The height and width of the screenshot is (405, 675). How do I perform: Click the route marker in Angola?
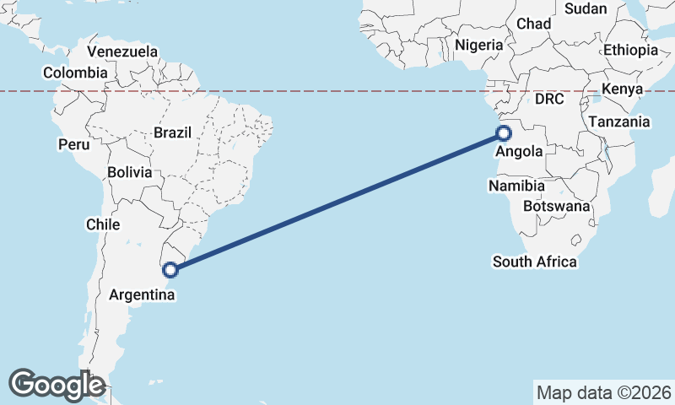click(x=504, y=132)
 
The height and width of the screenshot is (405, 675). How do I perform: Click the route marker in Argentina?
click(x=170, y=270)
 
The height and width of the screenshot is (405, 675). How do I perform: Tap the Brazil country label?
click(x=173, y=132)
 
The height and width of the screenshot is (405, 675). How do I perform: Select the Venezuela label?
click(x=122, y=51)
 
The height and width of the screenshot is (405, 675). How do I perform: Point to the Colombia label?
click(x=75, y=73)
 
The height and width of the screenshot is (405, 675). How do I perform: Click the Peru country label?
click(x=73, y=144)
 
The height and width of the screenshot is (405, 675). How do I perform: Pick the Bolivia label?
click(x=130, y=172)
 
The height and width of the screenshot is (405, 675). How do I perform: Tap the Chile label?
click(x=103, y=224)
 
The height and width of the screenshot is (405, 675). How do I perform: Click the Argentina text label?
click(x=143, y=295)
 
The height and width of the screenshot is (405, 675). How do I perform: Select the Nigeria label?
click(x=479, y=45)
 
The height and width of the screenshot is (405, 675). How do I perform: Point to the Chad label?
click(x=533, y=24)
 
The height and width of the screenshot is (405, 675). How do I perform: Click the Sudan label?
click(x=586, y=8)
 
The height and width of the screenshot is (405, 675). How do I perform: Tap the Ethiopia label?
click(x=630, y=51)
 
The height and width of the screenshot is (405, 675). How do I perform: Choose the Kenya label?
click(x=623, y=89)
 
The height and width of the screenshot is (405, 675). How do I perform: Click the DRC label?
click(x=549, y=99)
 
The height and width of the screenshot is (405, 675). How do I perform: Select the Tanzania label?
click(x=619, y=122)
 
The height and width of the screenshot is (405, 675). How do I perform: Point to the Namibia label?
click(x=516, y=186)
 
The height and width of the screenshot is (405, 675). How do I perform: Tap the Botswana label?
click(x=557, y=206)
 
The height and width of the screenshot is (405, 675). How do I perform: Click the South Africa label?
click(x=535, y=262)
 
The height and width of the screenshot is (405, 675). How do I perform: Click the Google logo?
click(x=57, y=385)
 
